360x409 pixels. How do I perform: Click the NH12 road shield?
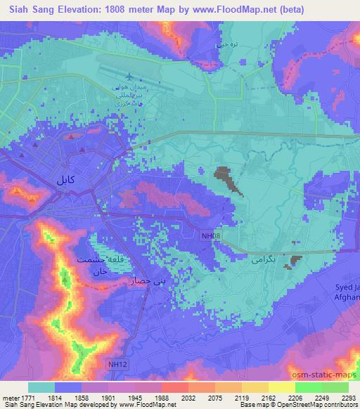[x=117, y=363]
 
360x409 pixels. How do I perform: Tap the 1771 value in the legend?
[x=22, y=397]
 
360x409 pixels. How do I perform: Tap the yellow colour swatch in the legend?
[x=282, y=387]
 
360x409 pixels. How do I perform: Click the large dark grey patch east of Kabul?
[x=226, y=178]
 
